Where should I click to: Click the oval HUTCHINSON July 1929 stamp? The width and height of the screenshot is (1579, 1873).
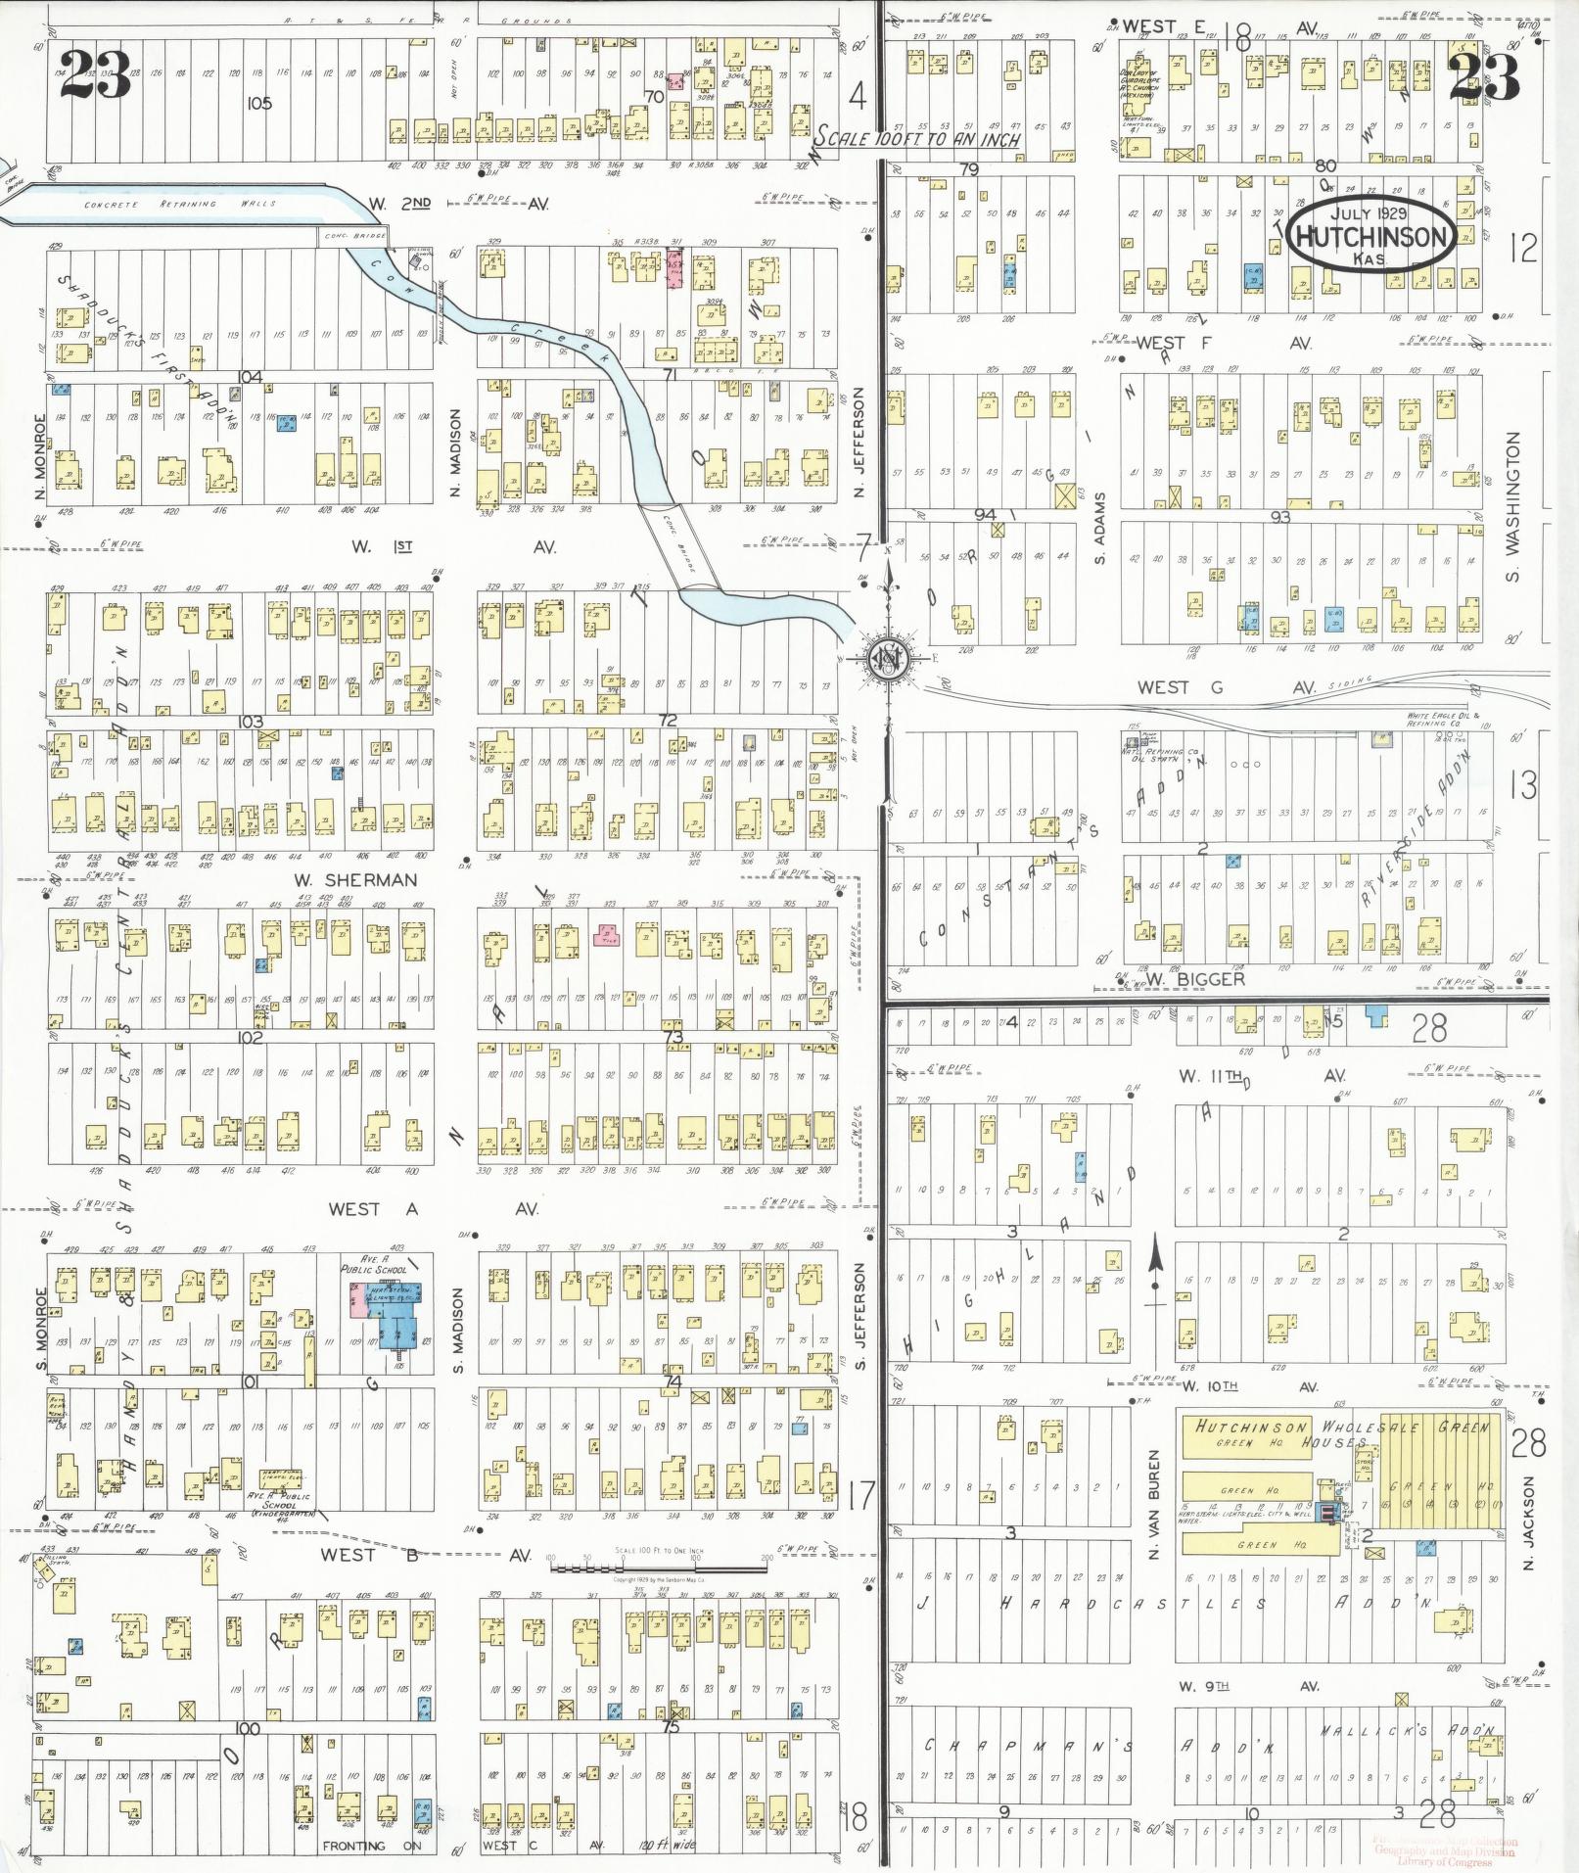click(1370, 235)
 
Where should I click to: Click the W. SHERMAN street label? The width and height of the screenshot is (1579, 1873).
click(356, 879)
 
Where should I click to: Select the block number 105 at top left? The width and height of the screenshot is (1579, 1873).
click(258, 103)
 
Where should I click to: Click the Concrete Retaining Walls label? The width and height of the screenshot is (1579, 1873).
click(179, 204)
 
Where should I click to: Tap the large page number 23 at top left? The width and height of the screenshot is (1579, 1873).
click(95, 74)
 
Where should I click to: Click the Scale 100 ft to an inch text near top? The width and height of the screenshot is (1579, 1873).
click(919, 139)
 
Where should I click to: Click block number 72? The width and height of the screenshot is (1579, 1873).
click(668, 720)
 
